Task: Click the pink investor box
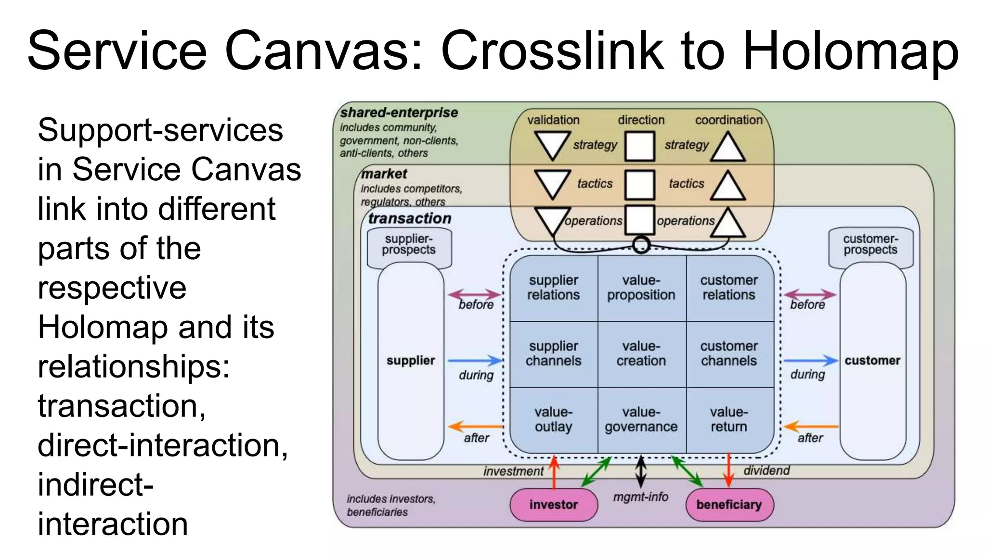(x=553, y=504)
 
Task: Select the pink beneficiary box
(x=729, y=504)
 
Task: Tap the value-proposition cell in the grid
(x=641, y=288)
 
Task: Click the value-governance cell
(x=641, y=419)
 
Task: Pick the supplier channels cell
(x=553, y=353)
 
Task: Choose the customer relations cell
(x=728, y=288)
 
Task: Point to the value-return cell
(x=728, y=419)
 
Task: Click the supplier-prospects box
(x=409, y=245)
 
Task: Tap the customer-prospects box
(x=870, y=245)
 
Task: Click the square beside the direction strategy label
(x=639, y=146)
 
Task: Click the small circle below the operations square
(x=641, y=245)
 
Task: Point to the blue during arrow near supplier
(x=475, y=360)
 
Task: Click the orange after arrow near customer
(x=811, y=426)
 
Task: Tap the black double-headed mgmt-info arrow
(x=641, y=471)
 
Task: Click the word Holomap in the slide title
(x=850, y=51)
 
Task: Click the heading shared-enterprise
(x=399, y=113)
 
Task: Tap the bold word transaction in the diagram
(x=410, y=218)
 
